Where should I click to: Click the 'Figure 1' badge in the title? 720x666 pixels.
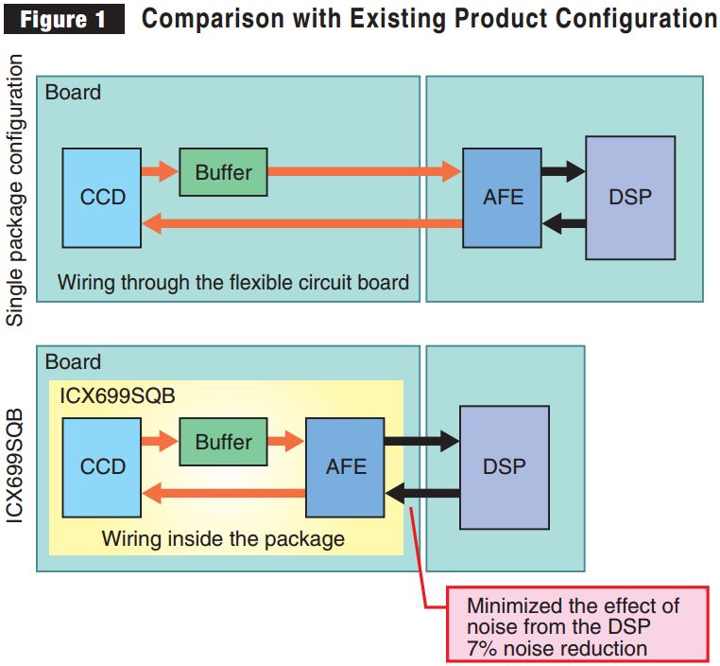65,19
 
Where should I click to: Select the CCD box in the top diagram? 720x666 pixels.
102,198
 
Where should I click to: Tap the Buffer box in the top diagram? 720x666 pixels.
223,172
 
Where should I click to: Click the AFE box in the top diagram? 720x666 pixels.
502,198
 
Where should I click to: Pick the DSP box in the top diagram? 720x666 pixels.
630,198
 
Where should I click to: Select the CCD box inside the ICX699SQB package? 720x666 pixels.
102,466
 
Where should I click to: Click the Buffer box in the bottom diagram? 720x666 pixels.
223,442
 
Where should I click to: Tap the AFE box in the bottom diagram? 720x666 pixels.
345,466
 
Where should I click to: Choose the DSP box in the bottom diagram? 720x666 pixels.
504,466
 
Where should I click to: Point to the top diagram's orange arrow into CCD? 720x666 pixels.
302,224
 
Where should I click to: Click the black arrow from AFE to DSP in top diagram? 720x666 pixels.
563,172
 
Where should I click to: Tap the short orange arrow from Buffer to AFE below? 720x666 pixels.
286,442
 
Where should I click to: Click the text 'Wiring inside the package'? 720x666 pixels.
223,539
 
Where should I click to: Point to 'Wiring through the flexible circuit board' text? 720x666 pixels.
233,282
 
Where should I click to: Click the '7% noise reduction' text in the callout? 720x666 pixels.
557,648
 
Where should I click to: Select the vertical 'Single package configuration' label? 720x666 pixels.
15,189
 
